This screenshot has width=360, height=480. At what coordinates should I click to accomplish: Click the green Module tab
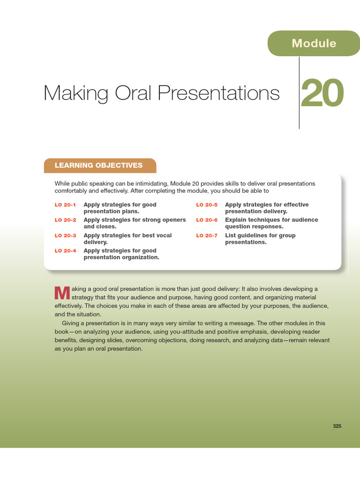(314, 43)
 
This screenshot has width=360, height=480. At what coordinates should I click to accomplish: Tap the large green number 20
(322, 93)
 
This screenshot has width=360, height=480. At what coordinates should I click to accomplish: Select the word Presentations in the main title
(219, 93)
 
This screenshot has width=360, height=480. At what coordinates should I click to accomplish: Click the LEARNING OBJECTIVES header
(98, 165)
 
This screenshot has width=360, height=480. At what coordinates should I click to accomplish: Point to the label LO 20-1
(65, 205)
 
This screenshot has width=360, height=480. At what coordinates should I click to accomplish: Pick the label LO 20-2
(65, 220)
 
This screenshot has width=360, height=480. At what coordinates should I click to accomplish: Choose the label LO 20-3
(65, 235)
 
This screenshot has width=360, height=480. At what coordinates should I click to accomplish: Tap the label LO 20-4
(65, 251)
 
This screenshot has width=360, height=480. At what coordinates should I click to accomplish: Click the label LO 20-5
(207, 205)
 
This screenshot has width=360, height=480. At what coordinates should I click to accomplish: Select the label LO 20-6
(207, 220)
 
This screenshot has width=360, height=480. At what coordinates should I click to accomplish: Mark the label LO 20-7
(207, 235)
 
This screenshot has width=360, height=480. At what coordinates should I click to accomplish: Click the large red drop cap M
(62, 293)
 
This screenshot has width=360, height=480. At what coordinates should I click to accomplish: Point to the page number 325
(337, 426)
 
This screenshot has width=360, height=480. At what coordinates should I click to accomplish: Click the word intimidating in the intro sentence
(151, 184)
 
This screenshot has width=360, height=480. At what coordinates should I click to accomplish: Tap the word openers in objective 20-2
(173, 220)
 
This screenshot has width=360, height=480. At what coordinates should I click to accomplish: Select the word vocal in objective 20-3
(164, 235)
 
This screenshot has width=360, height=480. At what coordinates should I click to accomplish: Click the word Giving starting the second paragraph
(70, 323)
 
